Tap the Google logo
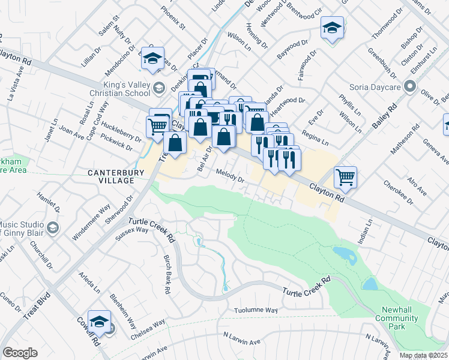point(19,353)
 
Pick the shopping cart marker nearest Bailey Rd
point(345,176)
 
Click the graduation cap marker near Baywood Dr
point(331,28)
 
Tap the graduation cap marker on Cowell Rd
point(99,320)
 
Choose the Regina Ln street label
point(315,139)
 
